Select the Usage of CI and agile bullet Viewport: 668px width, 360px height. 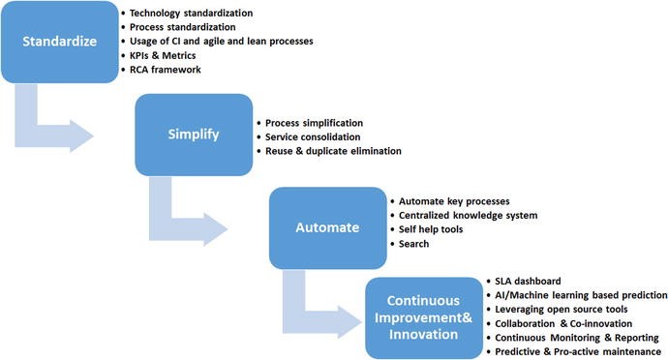(221, 41)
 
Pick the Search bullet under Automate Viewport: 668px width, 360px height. (415, 243)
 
